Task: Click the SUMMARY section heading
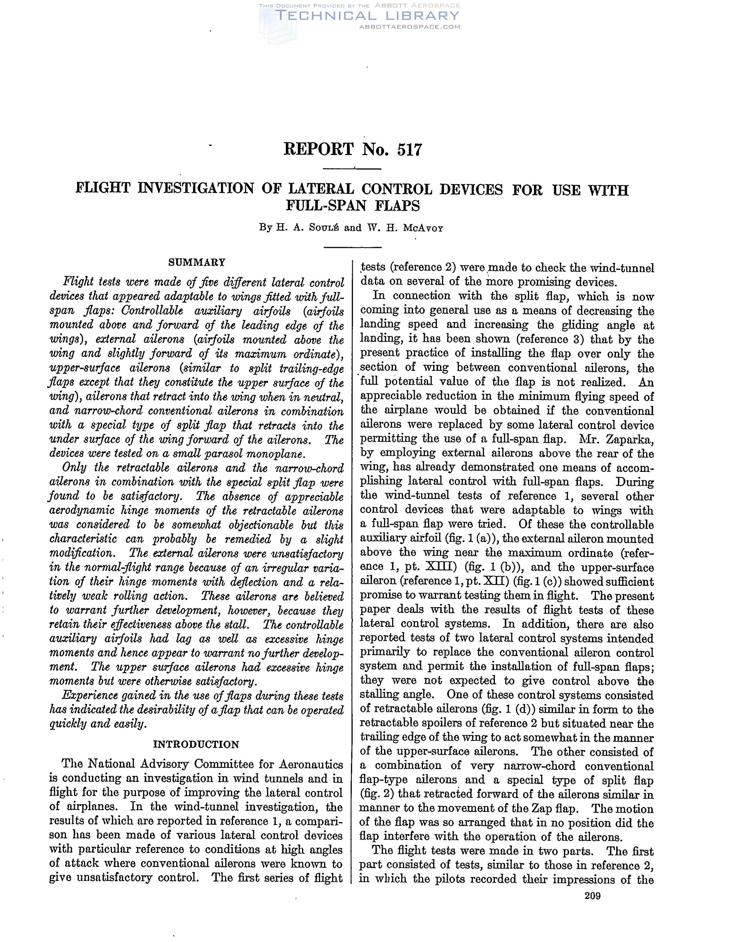click(x=197, y=262)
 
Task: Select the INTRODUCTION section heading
click(x=196, y=745)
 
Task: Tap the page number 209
click(x=593, y=896)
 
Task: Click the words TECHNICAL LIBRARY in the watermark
click(x=367, y=16)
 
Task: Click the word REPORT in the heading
click(x=318, y=149)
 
